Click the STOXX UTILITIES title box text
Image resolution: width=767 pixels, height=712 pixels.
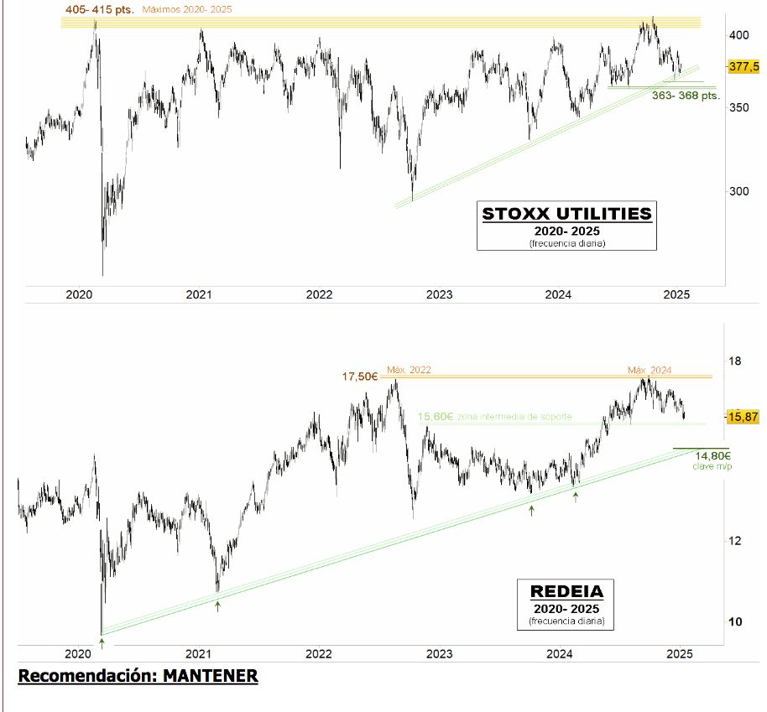[566, 214]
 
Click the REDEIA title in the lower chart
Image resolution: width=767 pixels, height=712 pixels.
[566, 590]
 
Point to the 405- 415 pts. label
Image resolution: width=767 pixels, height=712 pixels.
[98, 9]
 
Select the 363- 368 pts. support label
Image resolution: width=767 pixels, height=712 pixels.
[686, 96]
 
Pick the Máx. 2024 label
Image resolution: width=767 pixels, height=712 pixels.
[650, 370]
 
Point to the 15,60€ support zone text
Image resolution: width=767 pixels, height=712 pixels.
[495, 417]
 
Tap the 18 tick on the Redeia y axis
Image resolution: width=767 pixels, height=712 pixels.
[736, 361]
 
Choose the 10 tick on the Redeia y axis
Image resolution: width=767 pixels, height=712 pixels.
[736, 621]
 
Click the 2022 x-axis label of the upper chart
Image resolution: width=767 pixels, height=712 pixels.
[319, 294]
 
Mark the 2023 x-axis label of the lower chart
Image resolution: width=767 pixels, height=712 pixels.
[439, 654]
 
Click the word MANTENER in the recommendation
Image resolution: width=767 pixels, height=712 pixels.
[211, 675]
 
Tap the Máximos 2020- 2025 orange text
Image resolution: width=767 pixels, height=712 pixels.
[187, 9]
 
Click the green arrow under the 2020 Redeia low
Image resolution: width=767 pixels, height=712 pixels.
[102, 642]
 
